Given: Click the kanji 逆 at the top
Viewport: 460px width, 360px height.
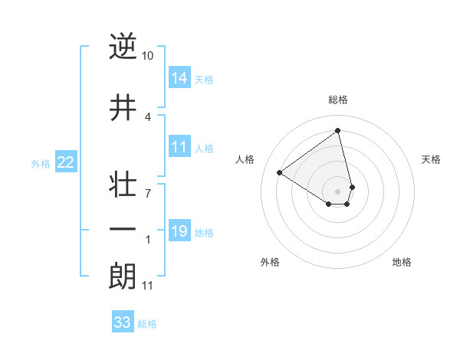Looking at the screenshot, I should click(123, 47).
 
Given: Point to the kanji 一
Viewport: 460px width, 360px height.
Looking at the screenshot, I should click(123, 230).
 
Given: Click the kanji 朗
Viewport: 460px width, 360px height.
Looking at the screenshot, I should click(123, 277).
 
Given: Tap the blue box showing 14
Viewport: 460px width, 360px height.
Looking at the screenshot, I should click(179, 78).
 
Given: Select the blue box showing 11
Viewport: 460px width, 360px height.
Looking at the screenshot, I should click(179, 147).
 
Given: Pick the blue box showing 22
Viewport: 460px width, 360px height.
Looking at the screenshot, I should click(66, 162).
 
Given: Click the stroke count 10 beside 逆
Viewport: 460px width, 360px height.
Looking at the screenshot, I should click(148, 56).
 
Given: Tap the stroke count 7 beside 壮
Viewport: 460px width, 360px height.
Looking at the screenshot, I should click(147, 193).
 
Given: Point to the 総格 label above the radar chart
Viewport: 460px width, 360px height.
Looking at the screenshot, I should click(338, 100).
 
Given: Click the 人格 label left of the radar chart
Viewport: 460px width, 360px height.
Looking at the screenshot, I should click(245, 159).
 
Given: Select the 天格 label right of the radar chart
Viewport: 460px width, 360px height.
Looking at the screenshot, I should click(431, 159).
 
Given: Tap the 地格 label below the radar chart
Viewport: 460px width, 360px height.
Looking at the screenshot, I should click(402, 262).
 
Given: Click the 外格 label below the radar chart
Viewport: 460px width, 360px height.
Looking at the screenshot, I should click(270, 262).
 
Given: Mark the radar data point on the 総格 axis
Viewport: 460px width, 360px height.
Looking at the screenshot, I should click(338, 131).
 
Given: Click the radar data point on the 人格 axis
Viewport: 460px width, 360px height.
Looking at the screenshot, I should click(280, 172).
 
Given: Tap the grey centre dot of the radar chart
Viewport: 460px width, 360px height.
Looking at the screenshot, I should click(338, 191).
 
